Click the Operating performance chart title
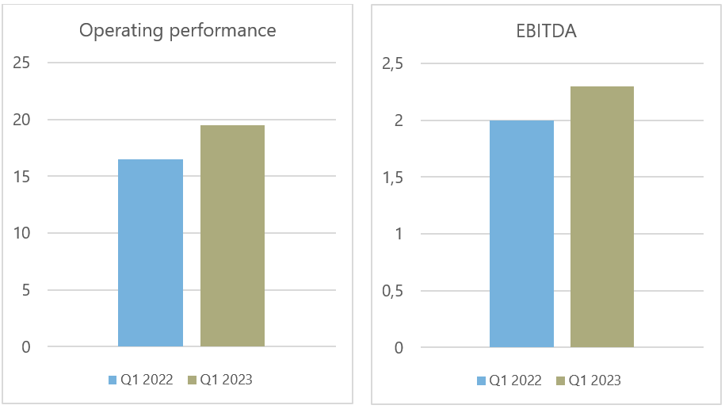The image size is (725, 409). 177,31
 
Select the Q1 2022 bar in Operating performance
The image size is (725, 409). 151,253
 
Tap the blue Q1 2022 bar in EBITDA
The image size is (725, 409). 521,234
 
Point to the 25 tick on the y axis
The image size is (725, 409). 23,63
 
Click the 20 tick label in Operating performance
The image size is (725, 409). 23,120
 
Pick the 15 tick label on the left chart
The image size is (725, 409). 23,177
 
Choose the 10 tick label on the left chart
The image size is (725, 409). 23,234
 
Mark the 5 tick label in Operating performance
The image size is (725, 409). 26,291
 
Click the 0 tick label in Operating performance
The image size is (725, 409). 26,347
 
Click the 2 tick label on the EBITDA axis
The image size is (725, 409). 399,120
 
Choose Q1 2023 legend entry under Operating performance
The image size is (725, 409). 219,380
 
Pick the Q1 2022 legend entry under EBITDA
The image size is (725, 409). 509,380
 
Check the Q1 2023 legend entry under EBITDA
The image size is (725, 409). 589,380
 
